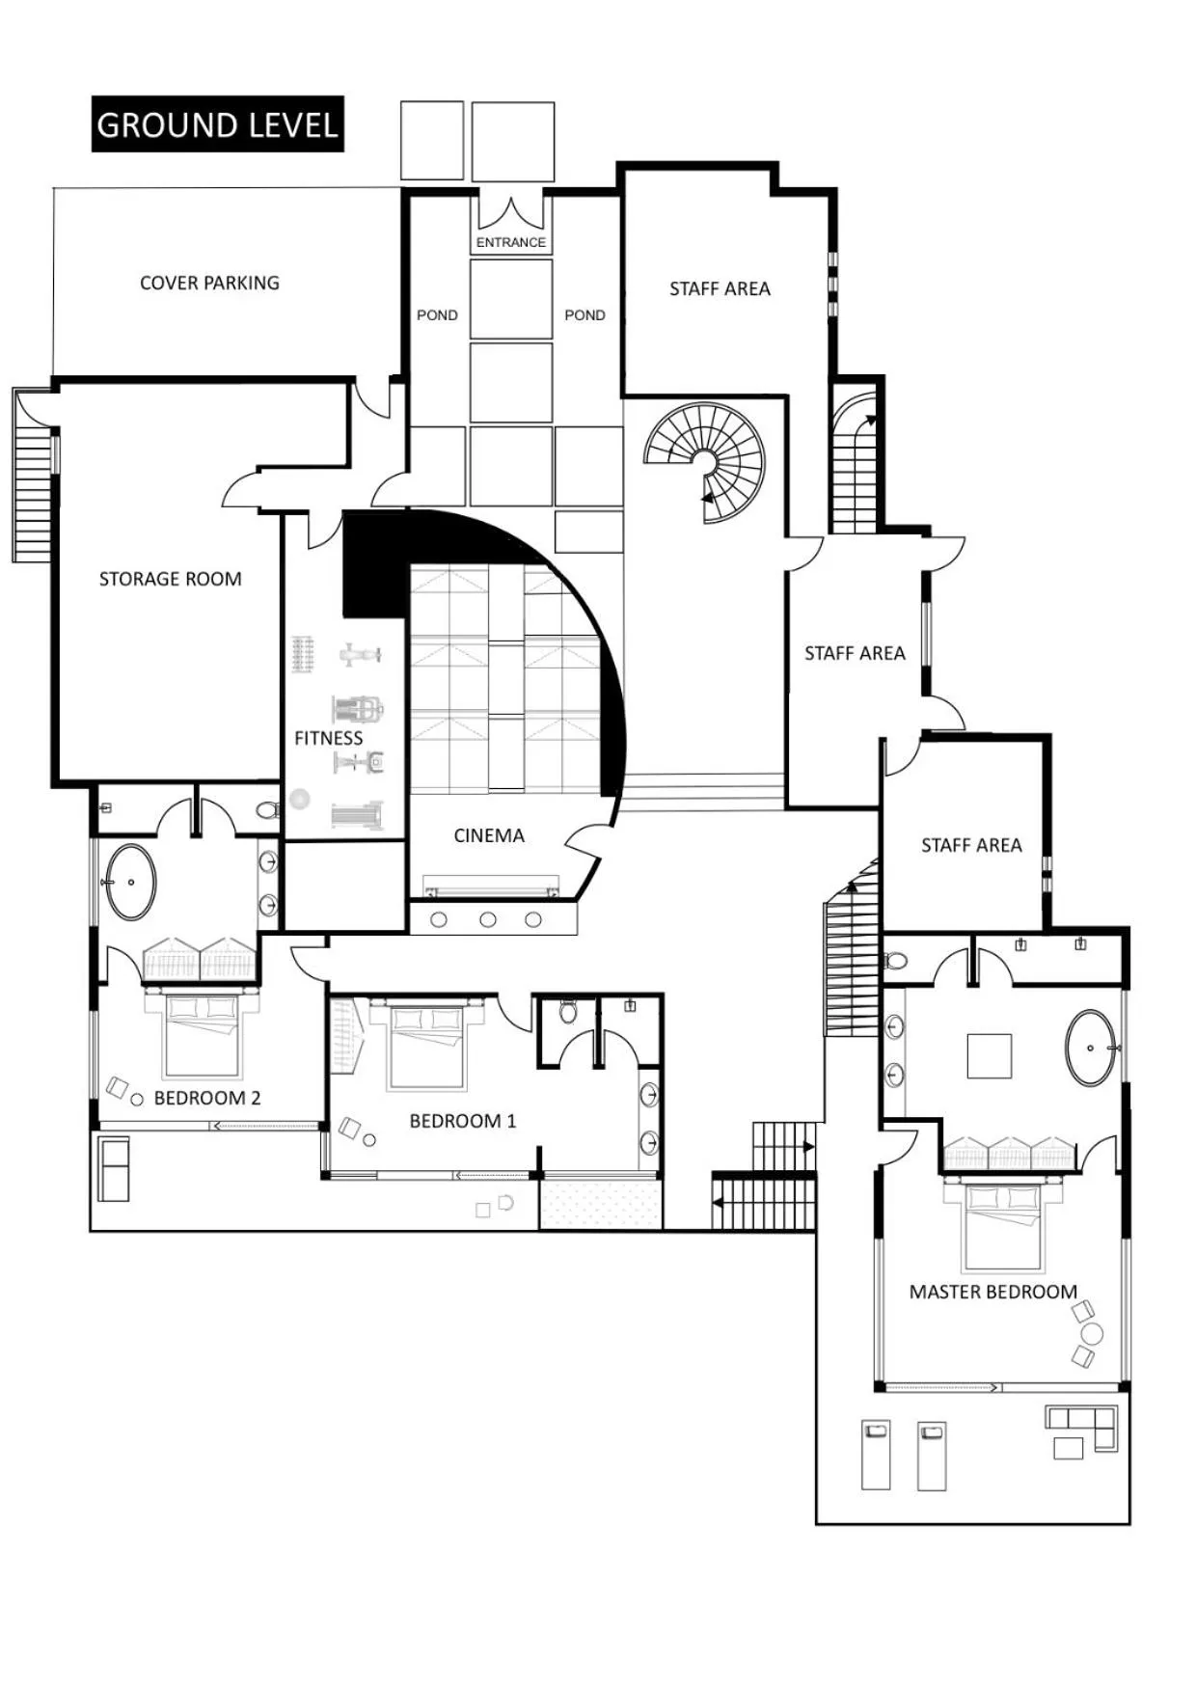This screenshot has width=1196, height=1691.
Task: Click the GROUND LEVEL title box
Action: pyautogui.click(x=218, y=124)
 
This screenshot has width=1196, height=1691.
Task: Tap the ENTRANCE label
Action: pyautogui.click(x=510, y=242)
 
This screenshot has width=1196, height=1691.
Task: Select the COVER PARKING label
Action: pyautogui.click(x=209, y=283)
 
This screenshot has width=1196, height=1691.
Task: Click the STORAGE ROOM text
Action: pyautogui.click(x=170, y=579)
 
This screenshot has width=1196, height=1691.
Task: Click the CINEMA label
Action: pyautogui.click(x=489, y=835)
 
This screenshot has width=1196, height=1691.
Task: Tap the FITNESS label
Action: pyautogui.click(x=328, y=738)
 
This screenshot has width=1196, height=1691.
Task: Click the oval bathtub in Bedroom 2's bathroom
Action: pyautogui.click(x=130, y=882)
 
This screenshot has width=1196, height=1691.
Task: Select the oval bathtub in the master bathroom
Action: pyautogui.click(x=1091, y=1048)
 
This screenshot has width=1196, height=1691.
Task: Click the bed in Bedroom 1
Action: pyautogui.click(x=427, y=1047)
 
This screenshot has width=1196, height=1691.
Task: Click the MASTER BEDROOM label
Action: pyautogui.click(x=992, y=1292)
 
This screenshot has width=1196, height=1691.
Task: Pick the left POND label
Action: pyautogui.click(x=437, y=315)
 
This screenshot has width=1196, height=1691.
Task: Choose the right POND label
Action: pyautogui.click(x=584, y=315)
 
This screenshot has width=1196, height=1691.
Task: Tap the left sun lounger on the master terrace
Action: pyautogui.click(x=876, y=1454)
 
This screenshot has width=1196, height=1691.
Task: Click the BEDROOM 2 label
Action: pyautogui.click(x=206, y=1098)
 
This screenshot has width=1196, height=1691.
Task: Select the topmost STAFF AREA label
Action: pyautogui.click(x=720, y=288)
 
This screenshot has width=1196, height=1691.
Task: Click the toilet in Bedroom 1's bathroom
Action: pyautogui.click(x=568, y=1012)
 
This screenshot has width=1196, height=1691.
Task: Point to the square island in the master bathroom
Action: pyautogui.click(x=990, y=1055)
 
